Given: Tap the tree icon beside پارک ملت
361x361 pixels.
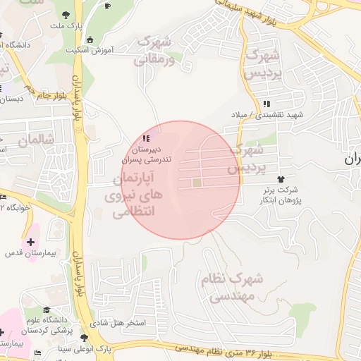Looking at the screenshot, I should click(65, 14).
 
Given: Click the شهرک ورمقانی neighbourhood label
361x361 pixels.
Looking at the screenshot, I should click(154, 51).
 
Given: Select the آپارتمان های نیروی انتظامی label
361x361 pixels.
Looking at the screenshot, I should click(136, 194).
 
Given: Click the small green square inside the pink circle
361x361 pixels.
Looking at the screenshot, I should click(197, 184).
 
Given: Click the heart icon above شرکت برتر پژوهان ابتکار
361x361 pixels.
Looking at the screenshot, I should click(281, 180).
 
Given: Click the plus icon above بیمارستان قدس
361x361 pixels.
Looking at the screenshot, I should click(30, 241).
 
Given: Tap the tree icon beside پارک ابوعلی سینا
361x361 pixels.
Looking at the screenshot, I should click(85, 338).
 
